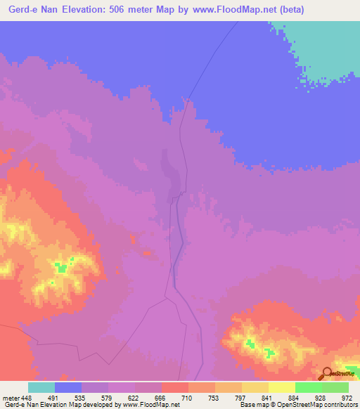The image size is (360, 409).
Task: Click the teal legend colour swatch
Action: click(41, 387)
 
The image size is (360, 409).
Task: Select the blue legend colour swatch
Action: click(68, 387)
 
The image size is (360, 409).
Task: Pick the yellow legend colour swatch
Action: click(282, 387)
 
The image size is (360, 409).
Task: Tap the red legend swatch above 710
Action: click(174, 387)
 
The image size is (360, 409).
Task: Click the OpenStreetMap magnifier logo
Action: click(326, 374)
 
